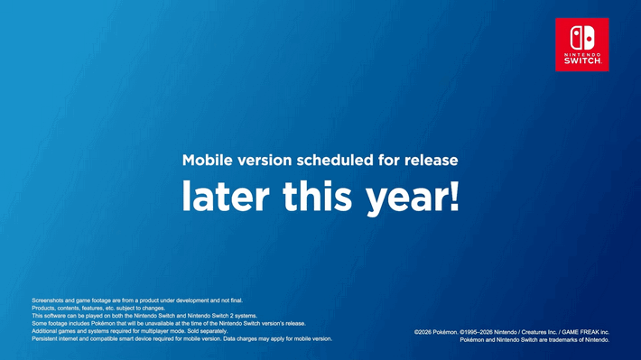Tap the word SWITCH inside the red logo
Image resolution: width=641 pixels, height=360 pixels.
click(581, 61)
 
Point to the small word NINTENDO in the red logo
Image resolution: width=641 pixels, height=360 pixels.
click(581, 53)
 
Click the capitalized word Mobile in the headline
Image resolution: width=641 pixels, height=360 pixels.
click(207, 161)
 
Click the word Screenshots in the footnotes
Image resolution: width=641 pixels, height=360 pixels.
click(49, 300)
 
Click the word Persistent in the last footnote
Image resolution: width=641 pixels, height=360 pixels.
click(46, 339)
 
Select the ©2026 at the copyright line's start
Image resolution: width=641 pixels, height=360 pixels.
click(423, 332)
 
